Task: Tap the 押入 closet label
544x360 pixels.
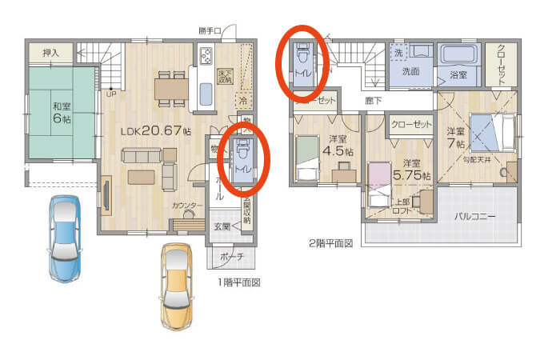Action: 50,53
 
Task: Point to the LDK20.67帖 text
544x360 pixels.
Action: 155,130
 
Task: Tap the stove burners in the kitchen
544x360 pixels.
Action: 206,57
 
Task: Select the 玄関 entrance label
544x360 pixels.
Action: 222,226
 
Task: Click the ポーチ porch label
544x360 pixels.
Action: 232,258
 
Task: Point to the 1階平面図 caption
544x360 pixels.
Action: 238,282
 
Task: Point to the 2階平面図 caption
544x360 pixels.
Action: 330,242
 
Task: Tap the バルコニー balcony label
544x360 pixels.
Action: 475,216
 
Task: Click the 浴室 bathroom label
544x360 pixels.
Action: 458,75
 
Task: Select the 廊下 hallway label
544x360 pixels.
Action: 373,101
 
